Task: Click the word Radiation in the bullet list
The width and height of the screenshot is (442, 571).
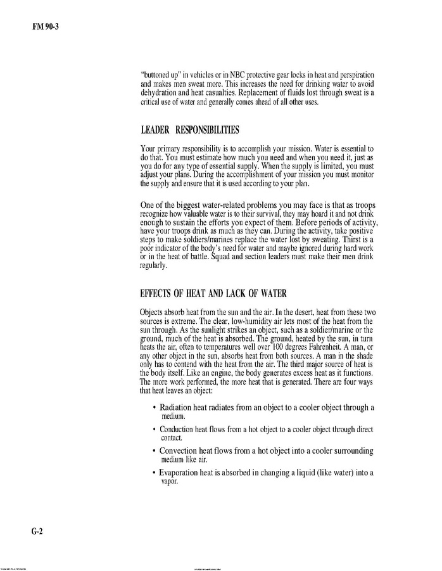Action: [x=178, y=407]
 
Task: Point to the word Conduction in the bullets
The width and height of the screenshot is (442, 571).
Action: [x=180, y=430]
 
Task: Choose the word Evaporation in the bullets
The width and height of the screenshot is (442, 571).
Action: [x=182, y=472]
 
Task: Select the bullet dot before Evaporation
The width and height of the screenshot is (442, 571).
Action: [x=155, y=473]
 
